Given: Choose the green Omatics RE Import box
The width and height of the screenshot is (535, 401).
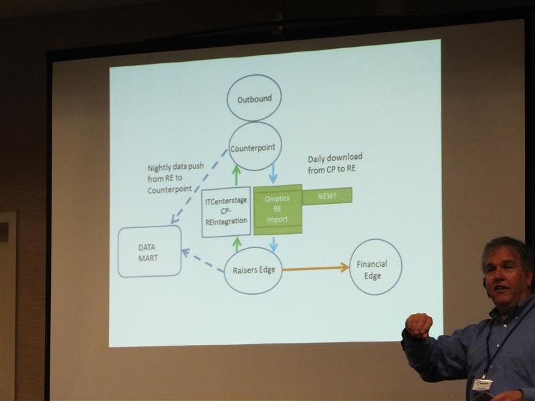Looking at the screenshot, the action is (278, 210).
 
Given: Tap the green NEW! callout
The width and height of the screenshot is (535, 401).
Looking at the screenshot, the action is (327, 196).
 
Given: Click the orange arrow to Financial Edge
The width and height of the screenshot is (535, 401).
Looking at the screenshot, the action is (316, 269).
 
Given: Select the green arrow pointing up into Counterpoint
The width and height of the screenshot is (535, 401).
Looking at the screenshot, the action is (236, 175).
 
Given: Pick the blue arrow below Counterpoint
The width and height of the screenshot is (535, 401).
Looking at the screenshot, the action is (273, 173).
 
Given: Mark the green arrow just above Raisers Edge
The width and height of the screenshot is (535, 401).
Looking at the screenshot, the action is (237, 245).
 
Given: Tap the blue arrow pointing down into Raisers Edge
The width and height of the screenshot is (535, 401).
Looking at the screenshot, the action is (274, 244).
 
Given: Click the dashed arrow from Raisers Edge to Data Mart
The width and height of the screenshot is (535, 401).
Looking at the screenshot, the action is (203, 261).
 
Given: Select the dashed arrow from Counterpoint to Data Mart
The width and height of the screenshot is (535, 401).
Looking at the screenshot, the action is (199, 186).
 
